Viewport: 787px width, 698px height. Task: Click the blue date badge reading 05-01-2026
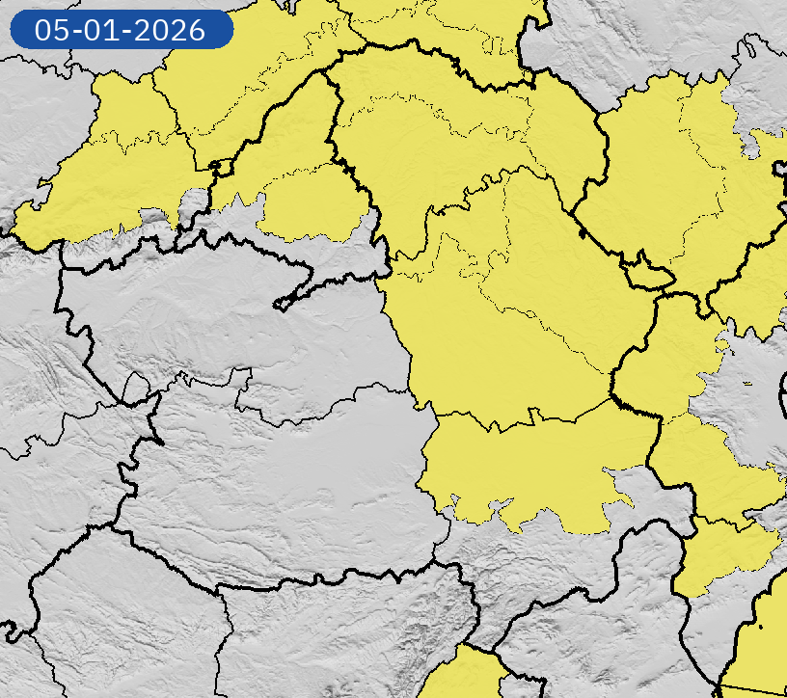tap(122, 29)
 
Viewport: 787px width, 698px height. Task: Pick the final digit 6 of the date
tap(198, 30)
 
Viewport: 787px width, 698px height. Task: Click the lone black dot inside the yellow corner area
tap(761, 628)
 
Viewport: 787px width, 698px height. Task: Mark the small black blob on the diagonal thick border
tap(582, 232)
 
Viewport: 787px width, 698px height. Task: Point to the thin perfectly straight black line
tap(752, 688)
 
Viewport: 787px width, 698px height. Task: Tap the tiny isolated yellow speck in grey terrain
tap(747, 384)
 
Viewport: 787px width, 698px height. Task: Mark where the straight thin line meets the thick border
tap(719, 685)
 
